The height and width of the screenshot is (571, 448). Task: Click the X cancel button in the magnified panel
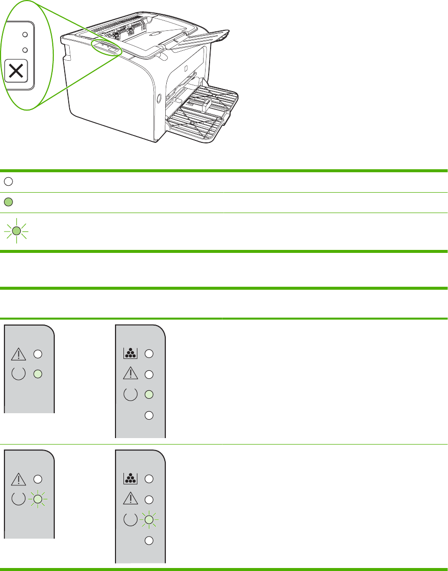16,71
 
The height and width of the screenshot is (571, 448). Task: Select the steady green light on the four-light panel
148,395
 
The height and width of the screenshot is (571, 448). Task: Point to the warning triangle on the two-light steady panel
17,354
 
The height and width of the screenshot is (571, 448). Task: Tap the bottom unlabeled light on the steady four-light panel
148,416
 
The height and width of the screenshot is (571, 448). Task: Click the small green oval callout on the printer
106,48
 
